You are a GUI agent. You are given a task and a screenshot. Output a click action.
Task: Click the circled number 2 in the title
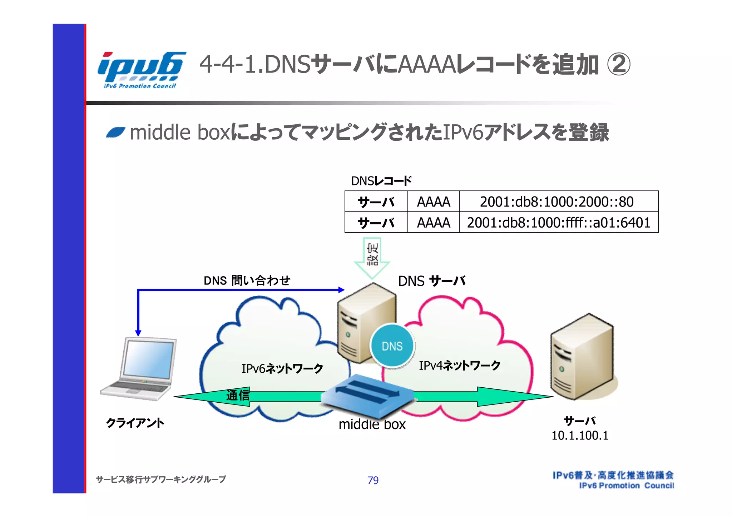click(618, 65)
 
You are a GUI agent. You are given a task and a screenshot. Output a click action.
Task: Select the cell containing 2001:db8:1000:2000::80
click(557, 202)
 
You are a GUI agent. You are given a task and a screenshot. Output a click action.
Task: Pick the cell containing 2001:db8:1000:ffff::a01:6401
click(558, 223)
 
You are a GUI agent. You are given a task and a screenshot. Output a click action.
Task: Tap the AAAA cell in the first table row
click(433, 202)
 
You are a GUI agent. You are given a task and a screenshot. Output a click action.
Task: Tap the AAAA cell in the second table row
click(433, 223)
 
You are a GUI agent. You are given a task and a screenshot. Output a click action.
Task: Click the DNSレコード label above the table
click(381, 181)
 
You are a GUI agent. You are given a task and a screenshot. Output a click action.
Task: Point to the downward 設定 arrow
click(372, 258)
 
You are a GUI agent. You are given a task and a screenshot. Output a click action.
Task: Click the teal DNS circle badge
click(392, 346)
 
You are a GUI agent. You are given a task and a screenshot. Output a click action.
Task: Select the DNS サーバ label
click(431, 281)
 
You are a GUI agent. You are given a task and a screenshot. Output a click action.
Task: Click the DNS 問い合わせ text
click(247, 280)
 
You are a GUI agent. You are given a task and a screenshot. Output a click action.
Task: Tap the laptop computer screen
click(148, 359)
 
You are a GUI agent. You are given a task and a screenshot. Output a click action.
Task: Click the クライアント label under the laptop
click(135, 423)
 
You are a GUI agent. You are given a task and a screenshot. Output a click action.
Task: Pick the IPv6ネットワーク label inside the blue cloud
click(282, 368)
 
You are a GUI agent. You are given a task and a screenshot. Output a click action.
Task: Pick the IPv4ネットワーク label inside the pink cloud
click(459, 366)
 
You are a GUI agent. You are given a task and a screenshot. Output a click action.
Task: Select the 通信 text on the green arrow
click(238, 395)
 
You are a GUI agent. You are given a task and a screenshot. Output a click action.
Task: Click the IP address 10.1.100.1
click(579, 436)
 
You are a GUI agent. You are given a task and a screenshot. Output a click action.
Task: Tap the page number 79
click(373, 480)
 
